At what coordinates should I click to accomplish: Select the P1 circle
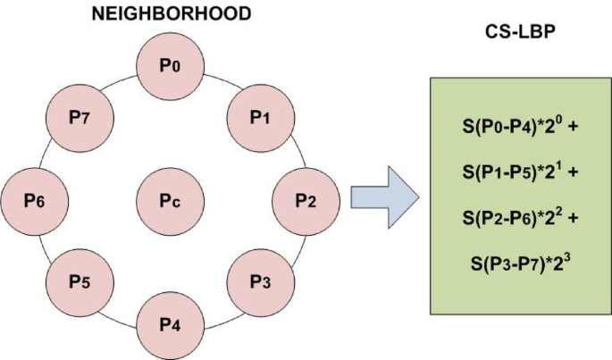(x=259, y=117)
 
